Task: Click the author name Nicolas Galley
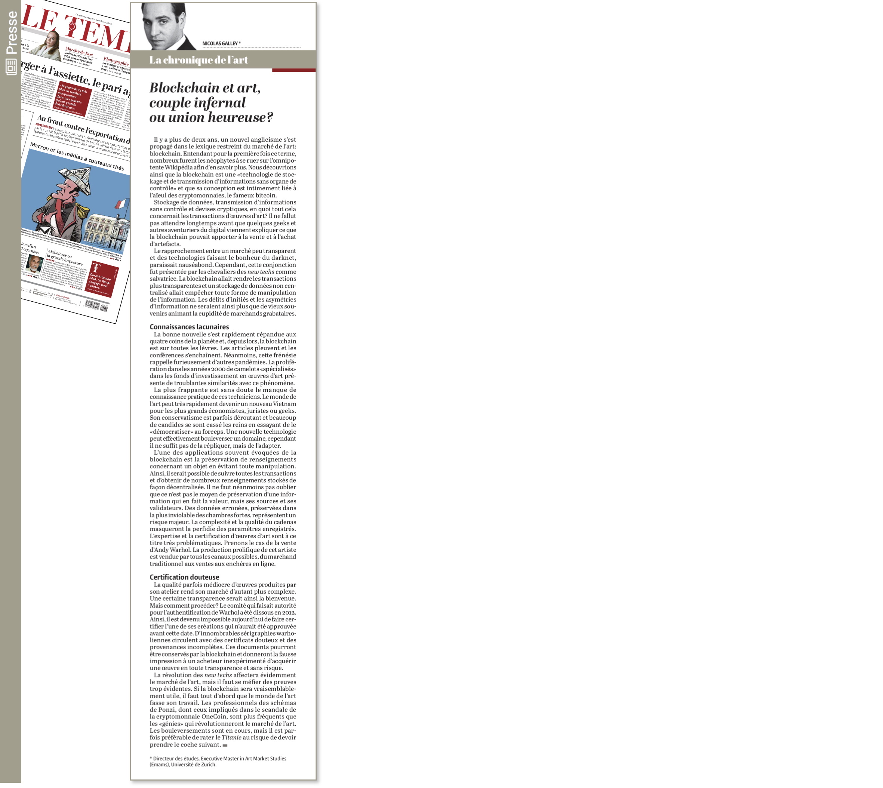tap(221, 43)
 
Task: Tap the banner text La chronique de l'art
tap(199, 60)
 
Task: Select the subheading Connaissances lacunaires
tap(189, 327)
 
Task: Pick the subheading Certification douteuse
tap(184, 577)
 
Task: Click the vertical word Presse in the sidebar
tap(12, 33)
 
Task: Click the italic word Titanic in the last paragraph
tap(231, 737)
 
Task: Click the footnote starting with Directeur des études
tap(218, 761)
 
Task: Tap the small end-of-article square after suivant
tap(225, 745)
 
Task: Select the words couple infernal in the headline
tap(197, 103)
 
